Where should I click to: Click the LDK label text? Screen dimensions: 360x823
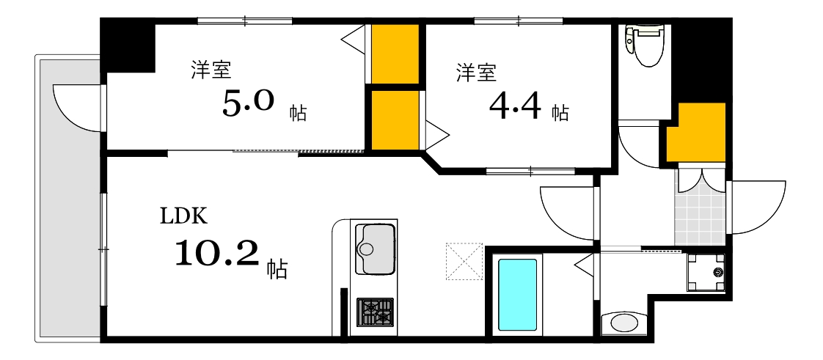pyautogui.click(x=185, y=216)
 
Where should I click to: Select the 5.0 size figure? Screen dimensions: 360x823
pyautogui.click(x=248, y=104)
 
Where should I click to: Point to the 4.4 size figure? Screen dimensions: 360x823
pyautogui.click(x=515, y=109)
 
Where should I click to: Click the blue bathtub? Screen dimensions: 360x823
pyautogui.click(x=517, y=294)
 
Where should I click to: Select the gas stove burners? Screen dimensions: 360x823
pyautogui.click(x=375, y=311)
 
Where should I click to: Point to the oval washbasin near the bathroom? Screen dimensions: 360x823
pyautogui.click(x=624, y=323)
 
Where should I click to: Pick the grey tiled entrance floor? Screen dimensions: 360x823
pyautogui.click(x=700, y=213)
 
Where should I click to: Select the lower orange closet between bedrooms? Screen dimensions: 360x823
pyautogui.click(x=395, y=119)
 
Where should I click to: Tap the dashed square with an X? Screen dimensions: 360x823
pyautogui.click(x=464, y=261)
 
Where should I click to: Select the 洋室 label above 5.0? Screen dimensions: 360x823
pyautogui.click(x=211, y=70)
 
